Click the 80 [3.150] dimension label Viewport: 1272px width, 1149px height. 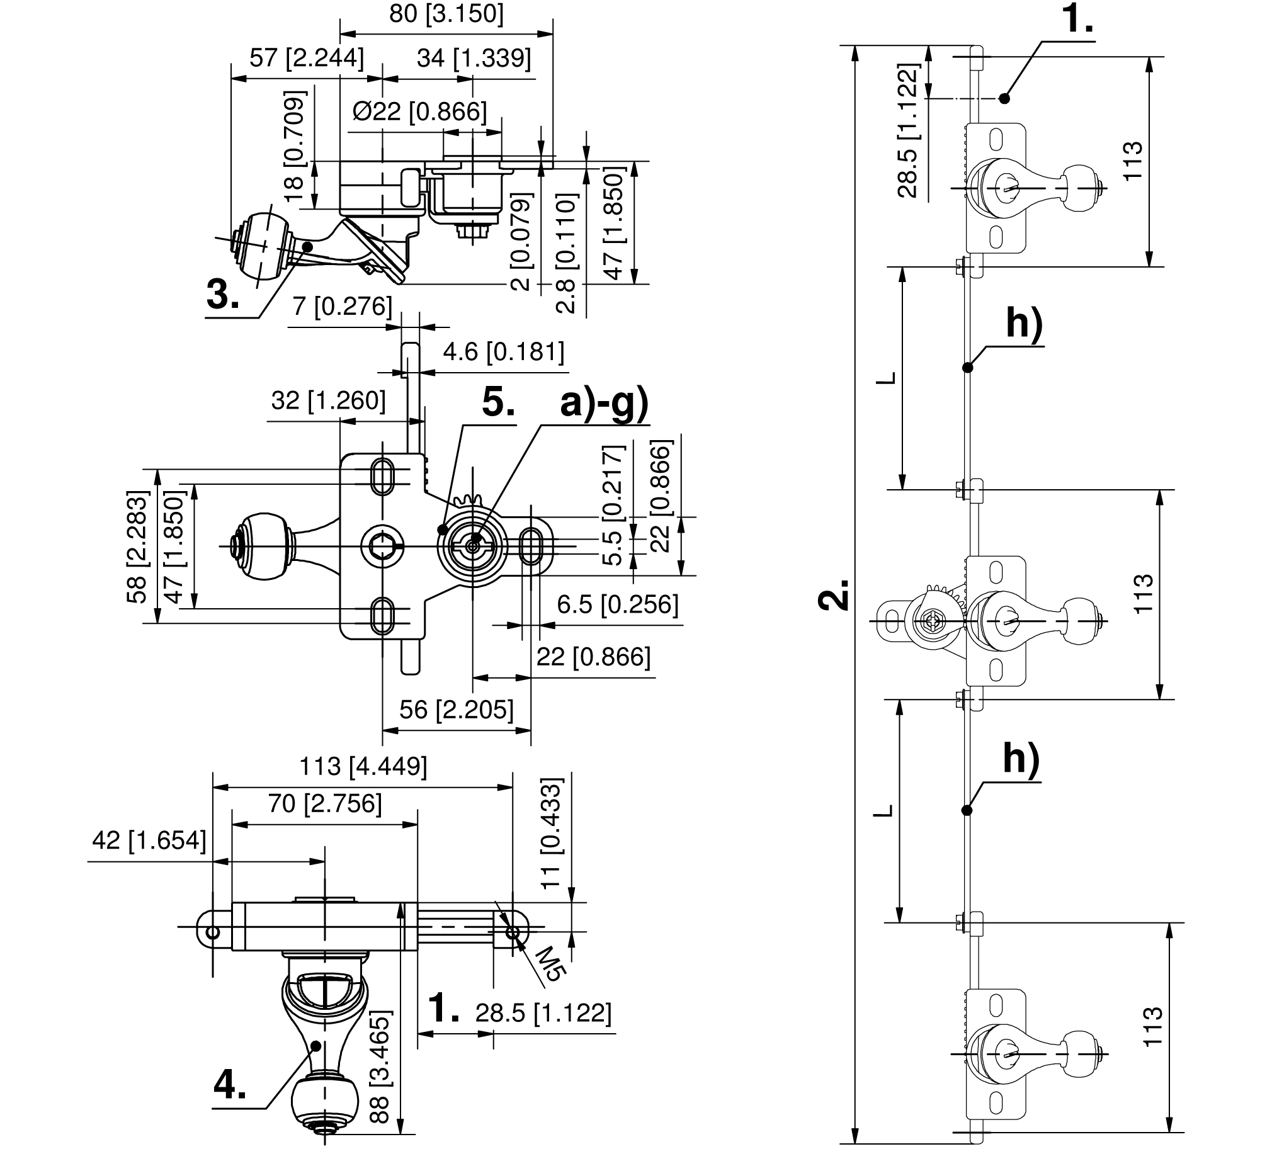coord(446,13)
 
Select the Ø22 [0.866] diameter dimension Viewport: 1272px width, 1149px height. coord(419,111)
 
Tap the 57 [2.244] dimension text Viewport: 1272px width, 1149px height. coord(307,58)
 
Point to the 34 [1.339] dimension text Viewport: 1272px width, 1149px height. coord(474,58)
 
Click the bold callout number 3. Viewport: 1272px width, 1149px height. coord(223,295)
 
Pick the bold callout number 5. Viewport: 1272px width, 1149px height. coord(498,402)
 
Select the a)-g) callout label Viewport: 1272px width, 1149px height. coord(604,402)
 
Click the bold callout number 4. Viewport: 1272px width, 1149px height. coord(230,1085)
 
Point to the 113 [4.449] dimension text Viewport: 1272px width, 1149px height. coord(363,766)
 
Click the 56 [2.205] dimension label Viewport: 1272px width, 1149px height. coord(456,710)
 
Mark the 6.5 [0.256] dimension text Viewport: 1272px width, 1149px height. coord(617,604)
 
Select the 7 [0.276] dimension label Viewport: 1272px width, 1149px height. coord(342,307)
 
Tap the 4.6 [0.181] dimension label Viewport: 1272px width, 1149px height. coord(503,351)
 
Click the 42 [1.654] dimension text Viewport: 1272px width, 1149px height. coord(149,840)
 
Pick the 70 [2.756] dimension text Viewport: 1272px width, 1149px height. coord(325,803)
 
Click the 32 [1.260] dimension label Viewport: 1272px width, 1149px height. coord(328,400)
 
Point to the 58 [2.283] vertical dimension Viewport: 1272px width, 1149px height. coord(136,547)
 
